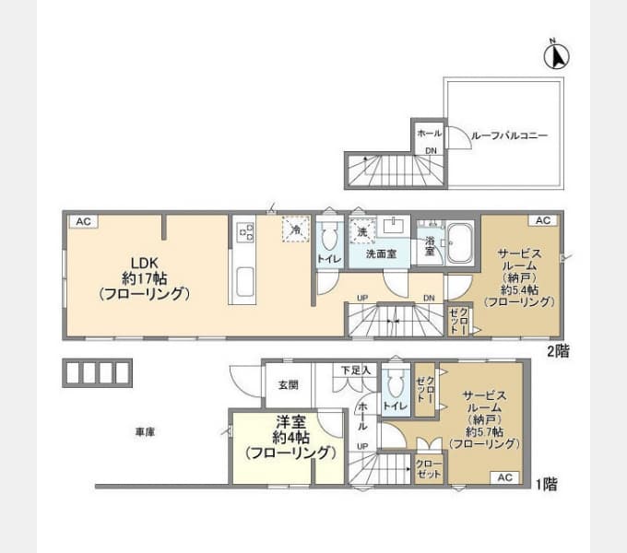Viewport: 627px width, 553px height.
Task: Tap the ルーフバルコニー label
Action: pyautogui.click(x=508, y=135)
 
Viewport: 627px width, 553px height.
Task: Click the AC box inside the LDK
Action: pyautogui.click(x=82, y=221)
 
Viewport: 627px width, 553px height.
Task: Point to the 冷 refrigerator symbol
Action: pyautogui.click(x=296, y=229)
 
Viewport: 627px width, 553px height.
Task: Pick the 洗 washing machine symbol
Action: pyautogui.click(x=362, y=229)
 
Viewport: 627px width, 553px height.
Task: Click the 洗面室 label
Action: pyautogui.click(x=380, y=253)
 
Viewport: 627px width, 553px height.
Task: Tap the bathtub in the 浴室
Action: pyautogui.click(x=459, y=244)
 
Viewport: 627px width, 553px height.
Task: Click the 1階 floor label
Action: pyautogui.click(x=544, y=482)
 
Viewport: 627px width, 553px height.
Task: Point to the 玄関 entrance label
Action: pyautogui.click(x=287, y=385)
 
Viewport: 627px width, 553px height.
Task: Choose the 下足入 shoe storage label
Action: pyautogui.click(x=355, y=370)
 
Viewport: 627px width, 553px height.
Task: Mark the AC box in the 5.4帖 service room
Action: pyautogui.click(x=541, y=220)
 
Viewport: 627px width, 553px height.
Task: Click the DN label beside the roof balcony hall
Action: pyautogui.click(x=430, y=150)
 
